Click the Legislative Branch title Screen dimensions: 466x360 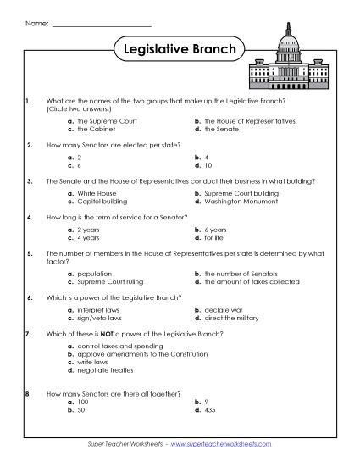[179, 49]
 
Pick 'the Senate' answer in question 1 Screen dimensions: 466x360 [225, 130]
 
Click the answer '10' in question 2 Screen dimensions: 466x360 [208, 165]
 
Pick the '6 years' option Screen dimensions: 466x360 [217, 230]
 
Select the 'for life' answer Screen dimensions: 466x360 [215, 238]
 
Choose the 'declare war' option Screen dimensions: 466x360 [222, 310]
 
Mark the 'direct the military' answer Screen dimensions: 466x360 [231, 319]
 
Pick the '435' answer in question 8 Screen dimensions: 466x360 [210, 409]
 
